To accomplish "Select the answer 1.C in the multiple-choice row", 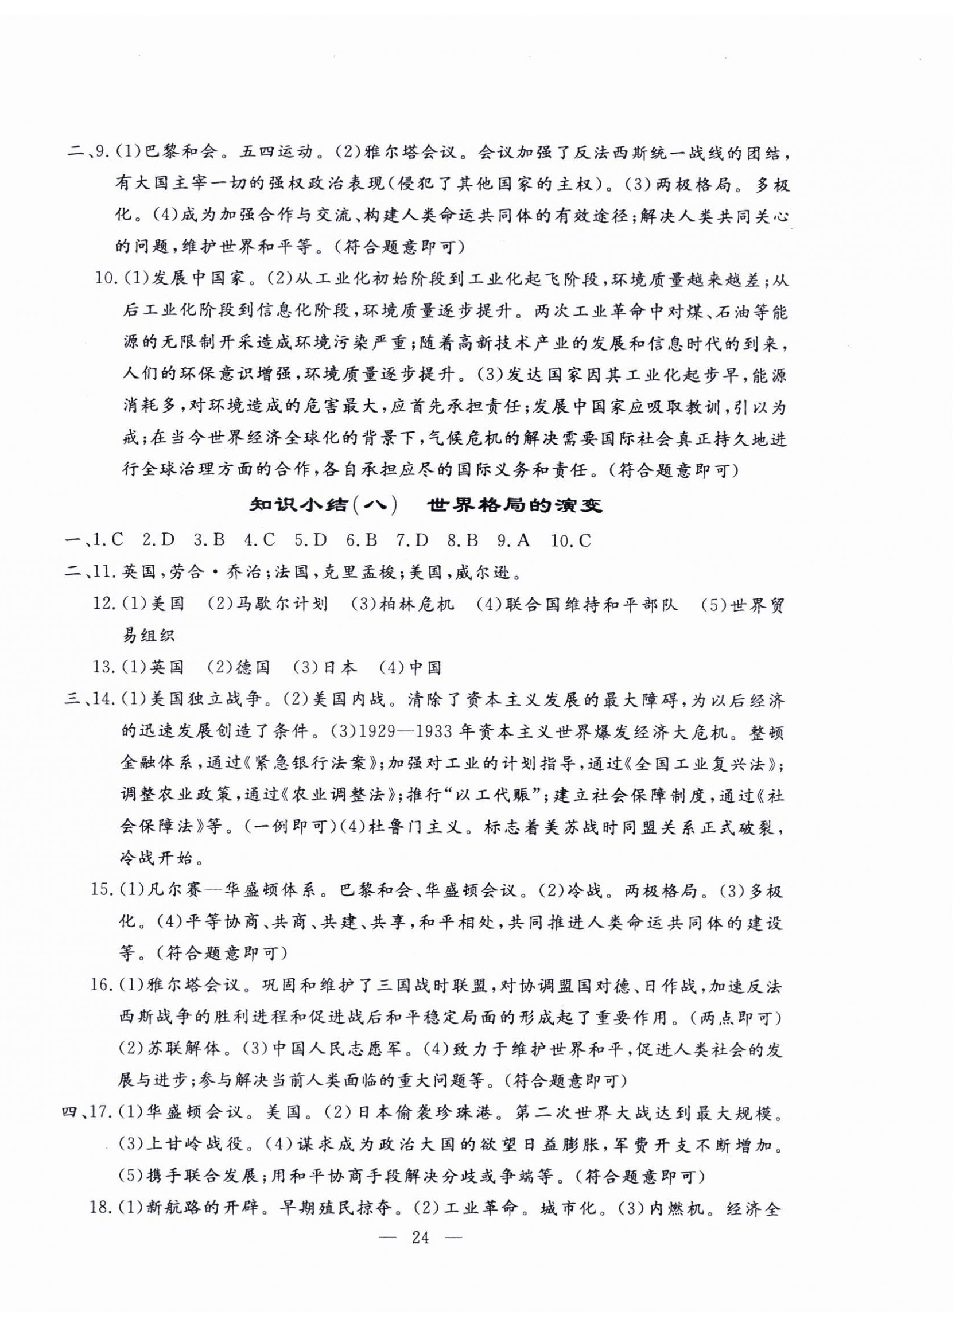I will click(x=109, y=540).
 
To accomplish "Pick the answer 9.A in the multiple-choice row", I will click(x=514, y=540).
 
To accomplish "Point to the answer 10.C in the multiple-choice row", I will click(x=571, y=540).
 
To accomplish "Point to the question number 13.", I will click(x=104, y=667).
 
